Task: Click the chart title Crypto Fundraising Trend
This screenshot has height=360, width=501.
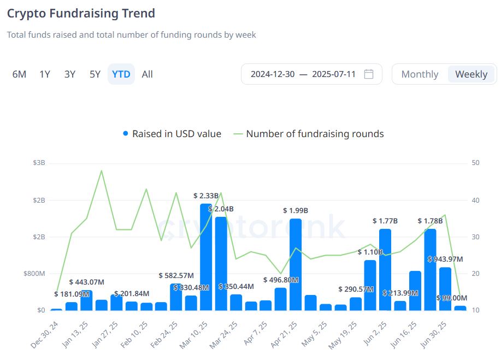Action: coord(81,13)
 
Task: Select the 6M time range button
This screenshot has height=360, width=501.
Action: coord(19,74)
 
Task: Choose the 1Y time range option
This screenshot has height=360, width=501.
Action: coord(45,74)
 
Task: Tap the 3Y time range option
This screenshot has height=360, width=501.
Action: coord(70,74)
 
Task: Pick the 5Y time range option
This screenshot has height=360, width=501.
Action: coord(95,74)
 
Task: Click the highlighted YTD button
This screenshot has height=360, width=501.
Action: coord(121,74)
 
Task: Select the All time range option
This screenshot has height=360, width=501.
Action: coord(147,74)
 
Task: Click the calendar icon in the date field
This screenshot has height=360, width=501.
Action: coord(369,74)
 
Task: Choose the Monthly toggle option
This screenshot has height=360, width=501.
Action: coord(420,74)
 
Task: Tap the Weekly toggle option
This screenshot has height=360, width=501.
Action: coord(471,74)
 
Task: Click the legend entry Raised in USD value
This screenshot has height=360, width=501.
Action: coord(172,134)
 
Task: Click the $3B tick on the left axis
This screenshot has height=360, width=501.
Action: coord(38,163)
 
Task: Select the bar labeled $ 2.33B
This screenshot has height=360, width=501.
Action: coord(206,257)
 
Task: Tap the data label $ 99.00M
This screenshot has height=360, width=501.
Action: coord(452,298)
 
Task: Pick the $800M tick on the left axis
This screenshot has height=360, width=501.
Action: coord(34,274)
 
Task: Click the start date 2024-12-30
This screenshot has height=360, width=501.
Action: coord(273,74)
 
